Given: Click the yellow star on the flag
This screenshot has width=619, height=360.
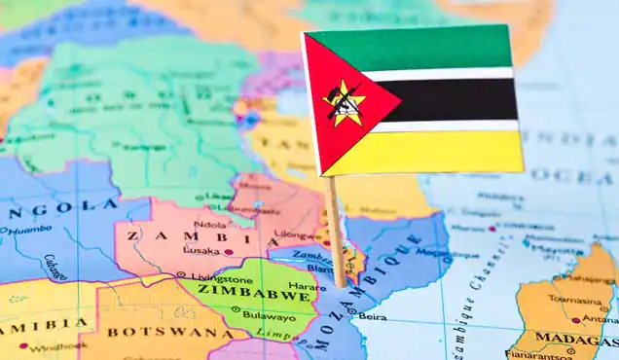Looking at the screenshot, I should click(344, 103).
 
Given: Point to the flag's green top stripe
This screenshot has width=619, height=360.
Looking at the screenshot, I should click(419, 49).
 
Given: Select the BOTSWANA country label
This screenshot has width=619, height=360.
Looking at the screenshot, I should click(155, 332).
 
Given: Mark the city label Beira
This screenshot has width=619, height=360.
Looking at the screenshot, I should click(373, 316).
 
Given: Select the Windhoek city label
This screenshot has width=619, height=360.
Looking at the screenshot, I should click(57, 345).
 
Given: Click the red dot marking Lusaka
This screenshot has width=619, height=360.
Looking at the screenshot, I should click(229, 252).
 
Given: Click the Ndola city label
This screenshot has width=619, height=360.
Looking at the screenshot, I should click(210, 222).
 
